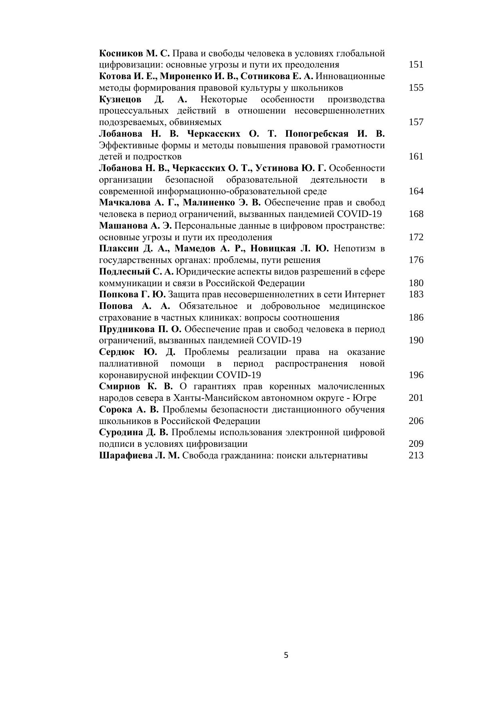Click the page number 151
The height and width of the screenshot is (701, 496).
coord(416,65)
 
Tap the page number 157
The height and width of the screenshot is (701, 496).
coord(416,122)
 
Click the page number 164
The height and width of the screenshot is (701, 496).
coord(416,191)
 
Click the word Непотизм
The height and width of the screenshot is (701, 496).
coord(355,249)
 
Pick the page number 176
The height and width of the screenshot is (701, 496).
coord(416,260)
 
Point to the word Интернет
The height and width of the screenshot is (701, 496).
coord(367,295)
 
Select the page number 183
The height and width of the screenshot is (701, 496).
coord(416,295)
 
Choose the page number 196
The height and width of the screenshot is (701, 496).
coord(416,375)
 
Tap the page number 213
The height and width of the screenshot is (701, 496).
coord(416,456)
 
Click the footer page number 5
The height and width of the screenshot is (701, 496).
coord(286,655)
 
